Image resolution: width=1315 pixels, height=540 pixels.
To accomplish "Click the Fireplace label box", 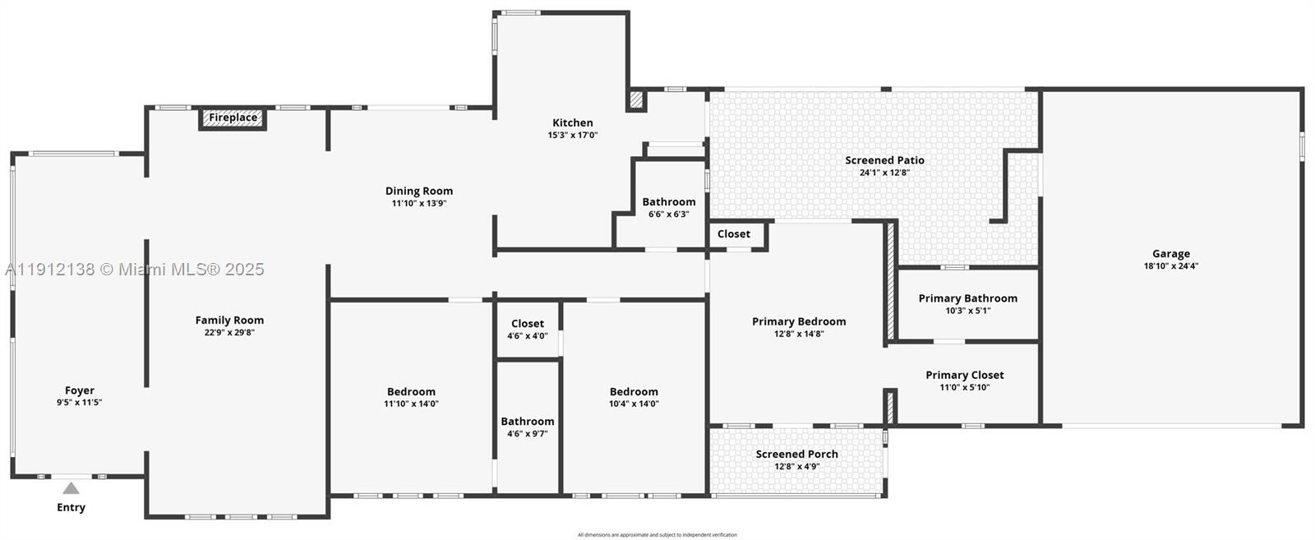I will (233, 118).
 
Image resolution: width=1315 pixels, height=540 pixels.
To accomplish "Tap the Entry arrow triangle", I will (72, 488).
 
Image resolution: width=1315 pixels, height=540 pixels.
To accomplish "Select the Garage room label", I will (1170, 254).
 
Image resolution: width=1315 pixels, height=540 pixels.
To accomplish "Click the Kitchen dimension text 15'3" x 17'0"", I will (573, 135).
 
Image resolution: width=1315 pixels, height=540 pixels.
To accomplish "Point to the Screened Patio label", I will (884, 160).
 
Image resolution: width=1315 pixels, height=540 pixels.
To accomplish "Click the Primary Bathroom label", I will (967, 298).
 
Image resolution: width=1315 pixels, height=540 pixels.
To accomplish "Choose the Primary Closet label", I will (964, 375).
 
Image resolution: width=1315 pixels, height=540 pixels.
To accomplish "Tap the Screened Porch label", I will (796, 454).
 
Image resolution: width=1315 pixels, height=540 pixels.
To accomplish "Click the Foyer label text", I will (80, 390).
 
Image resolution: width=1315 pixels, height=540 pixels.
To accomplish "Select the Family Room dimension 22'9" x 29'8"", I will (229, 333).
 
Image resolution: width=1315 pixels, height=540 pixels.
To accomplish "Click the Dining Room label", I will (419, 191).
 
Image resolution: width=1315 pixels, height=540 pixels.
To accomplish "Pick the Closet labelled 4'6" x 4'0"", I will (527, 324).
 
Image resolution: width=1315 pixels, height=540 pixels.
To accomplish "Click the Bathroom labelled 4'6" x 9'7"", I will (527, 422).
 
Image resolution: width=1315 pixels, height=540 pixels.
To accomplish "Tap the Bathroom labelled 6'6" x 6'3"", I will (668, 201).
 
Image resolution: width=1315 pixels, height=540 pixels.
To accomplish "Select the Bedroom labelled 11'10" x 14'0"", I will (411, 392).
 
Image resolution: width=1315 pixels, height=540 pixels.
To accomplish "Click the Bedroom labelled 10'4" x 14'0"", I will (634, 392).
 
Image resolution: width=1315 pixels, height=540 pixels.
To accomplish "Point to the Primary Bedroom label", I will (798, 321).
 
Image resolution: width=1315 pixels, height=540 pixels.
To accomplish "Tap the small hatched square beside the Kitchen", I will (635, 100).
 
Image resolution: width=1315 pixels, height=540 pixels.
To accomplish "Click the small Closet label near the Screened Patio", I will (733, 234).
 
